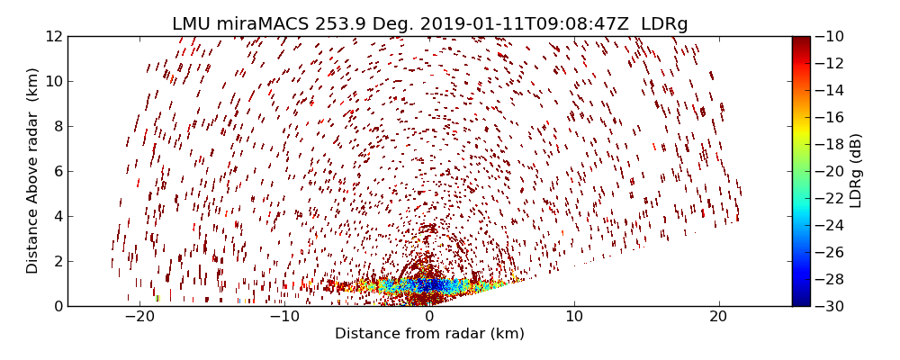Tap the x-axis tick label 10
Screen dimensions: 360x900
tap(574, 318)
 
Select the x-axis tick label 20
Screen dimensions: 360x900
tap(718, 318)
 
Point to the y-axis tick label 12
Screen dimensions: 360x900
tap(53, 37)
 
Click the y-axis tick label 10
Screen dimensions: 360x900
tap(53, 82)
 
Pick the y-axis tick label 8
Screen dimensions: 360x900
tap(57, 127)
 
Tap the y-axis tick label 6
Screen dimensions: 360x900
tap(57, 172)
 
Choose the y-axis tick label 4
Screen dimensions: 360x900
tap(57, 217)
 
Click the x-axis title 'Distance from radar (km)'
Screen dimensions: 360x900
tap(429, 335)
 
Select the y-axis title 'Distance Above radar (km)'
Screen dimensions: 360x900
tap(33, 171)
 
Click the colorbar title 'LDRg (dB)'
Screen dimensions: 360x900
tap(856, 171)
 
